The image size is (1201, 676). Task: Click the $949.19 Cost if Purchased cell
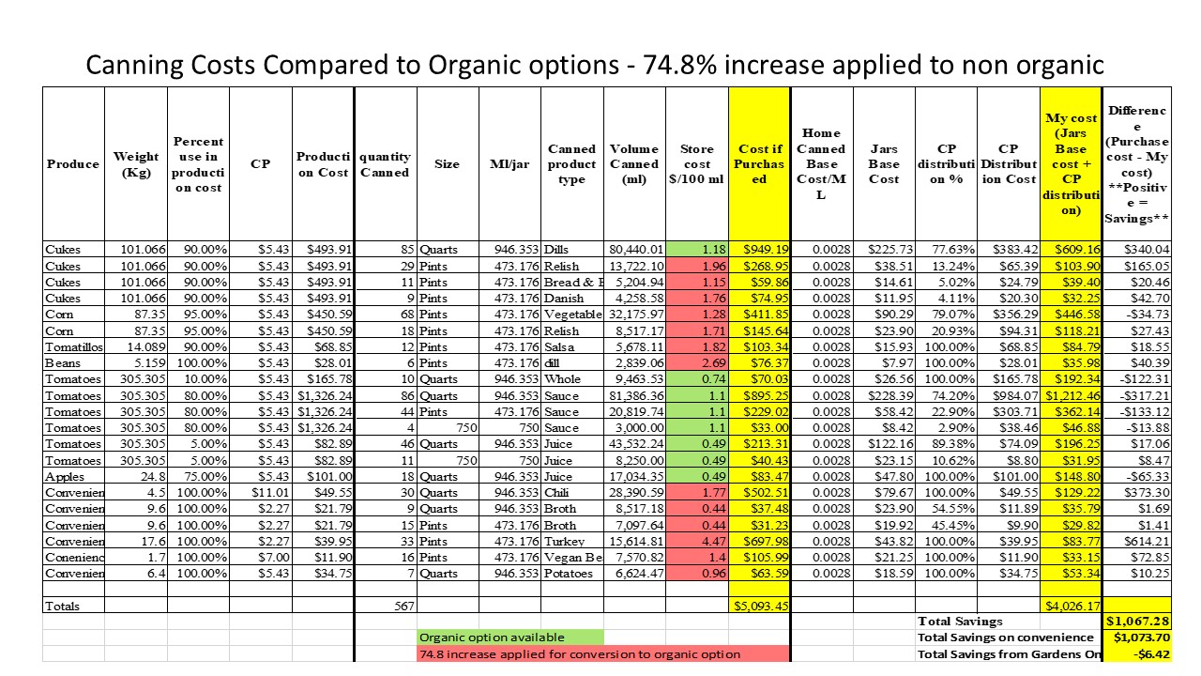(759, 250)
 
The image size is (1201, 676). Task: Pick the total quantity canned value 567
(385, 606)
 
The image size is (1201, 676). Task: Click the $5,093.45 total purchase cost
(759, 606)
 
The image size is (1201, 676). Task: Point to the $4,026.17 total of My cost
(1070, 606)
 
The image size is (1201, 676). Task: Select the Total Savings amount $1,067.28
(1137, 622)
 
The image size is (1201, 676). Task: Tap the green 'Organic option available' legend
(510, 638)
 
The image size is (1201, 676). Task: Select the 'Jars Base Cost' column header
(883, 164)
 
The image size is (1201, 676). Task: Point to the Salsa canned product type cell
(571, 346)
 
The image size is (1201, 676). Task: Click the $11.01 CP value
(260, 491)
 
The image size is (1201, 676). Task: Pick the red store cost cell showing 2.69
(697, 362)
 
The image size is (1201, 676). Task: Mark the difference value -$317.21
(1137, 394)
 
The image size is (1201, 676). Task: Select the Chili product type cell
(571, 491)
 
